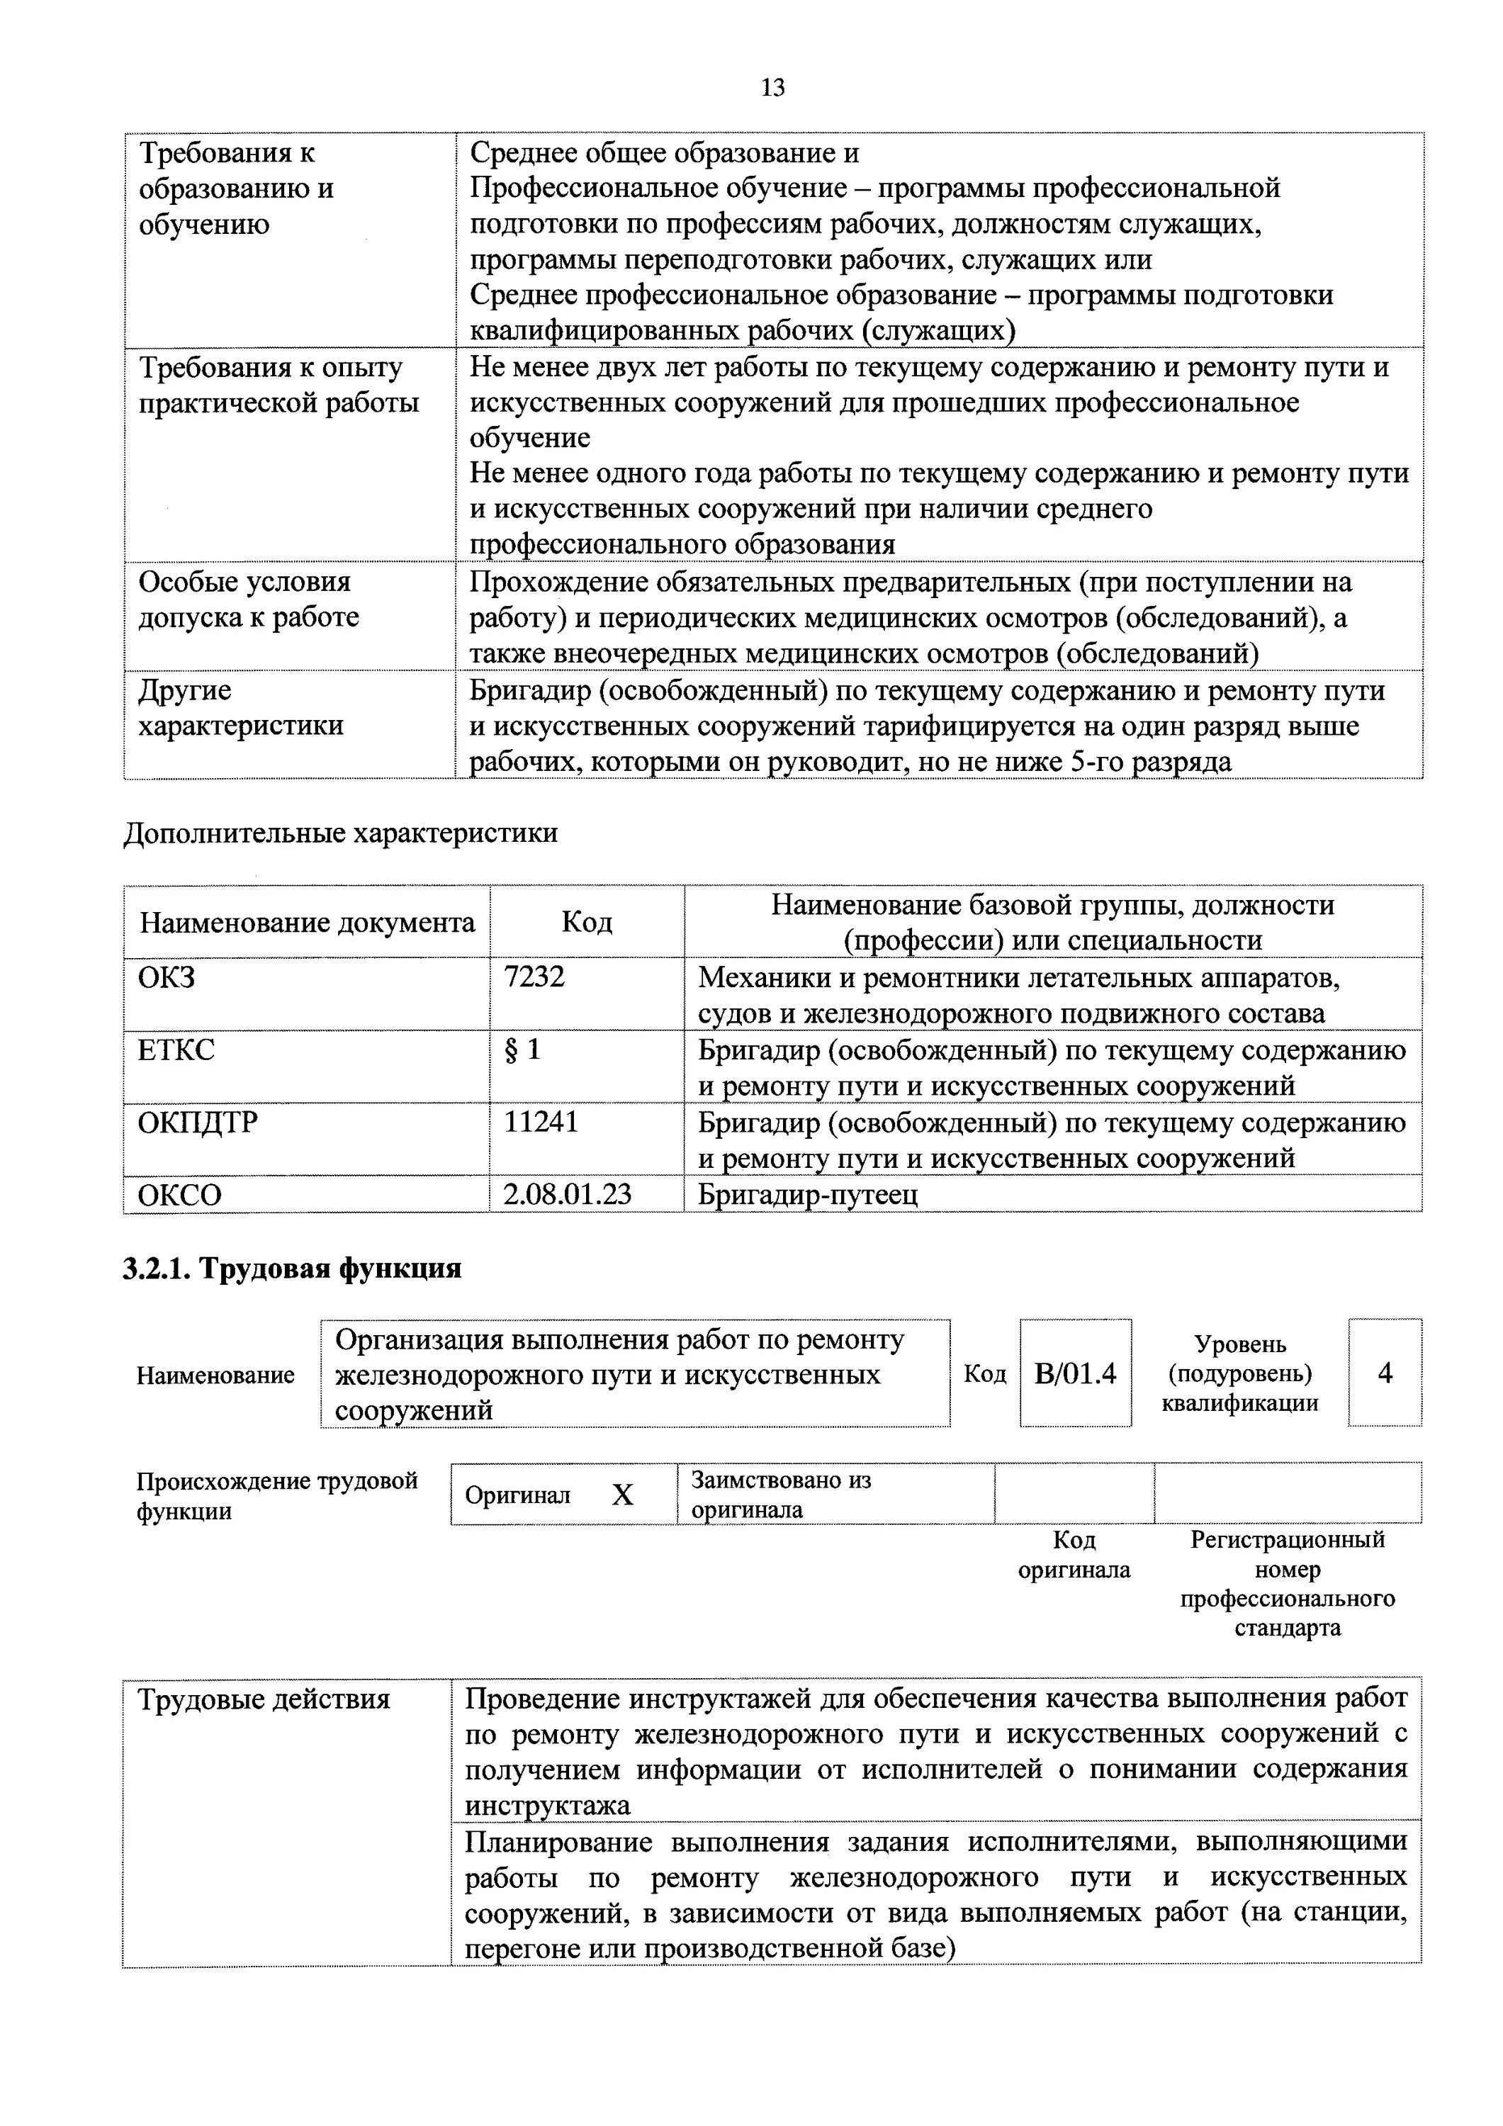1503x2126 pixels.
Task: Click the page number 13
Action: pos(772,88)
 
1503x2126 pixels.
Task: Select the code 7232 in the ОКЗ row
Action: pos(534,977)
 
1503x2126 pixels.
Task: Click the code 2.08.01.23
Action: pos(567,1195)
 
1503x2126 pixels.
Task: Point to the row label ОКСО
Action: pos(180,1196)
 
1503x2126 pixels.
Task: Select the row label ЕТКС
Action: pos(176,1050)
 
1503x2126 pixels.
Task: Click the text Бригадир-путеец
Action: pos(808,1195)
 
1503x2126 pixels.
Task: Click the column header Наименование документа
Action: pos(307,922)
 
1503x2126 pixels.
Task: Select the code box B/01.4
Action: pos(1074,1373)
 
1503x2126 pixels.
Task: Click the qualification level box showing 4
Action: pos(1385,1373)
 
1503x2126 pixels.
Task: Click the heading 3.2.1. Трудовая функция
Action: pos(292,1268)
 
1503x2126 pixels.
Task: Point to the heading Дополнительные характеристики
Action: pos(340,833)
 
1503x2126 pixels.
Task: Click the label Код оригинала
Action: pos(1074,1555)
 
